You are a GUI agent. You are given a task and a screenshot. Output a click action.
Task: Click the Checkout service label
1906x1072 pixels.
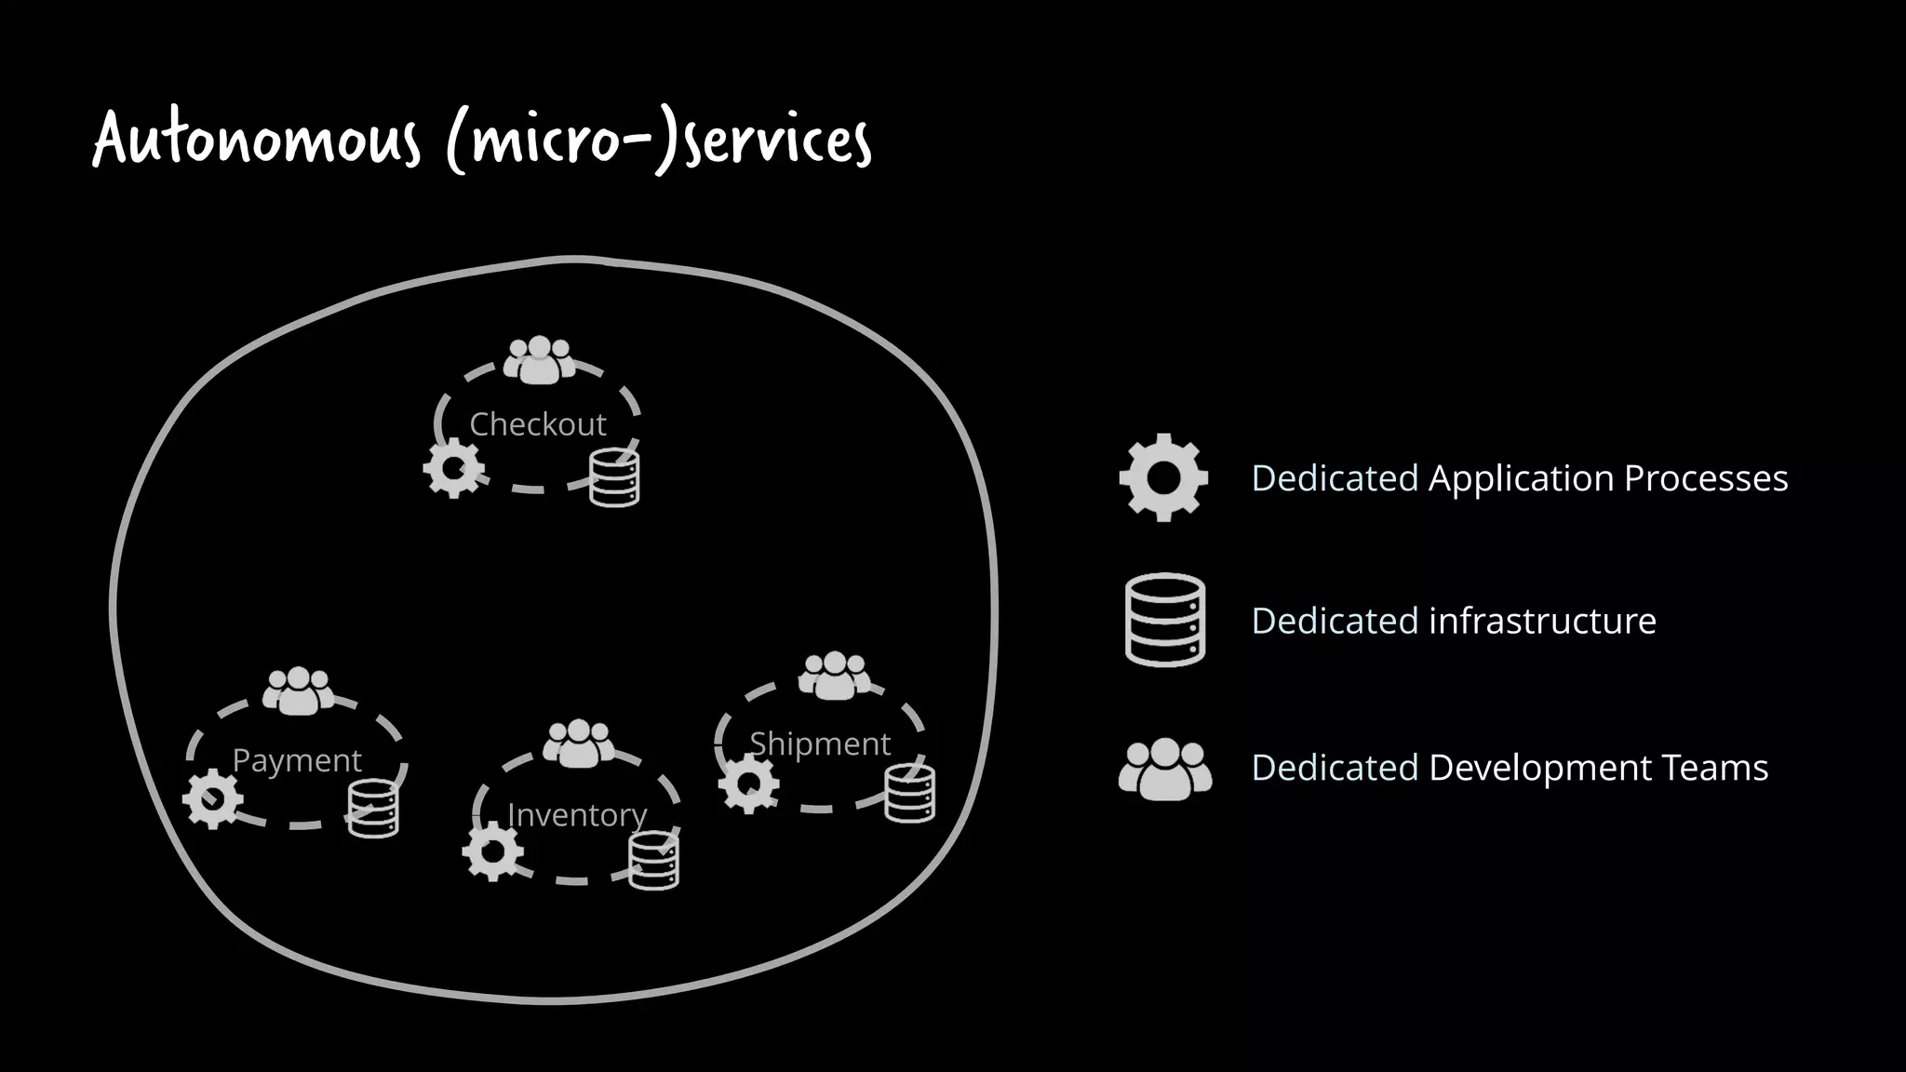(x=537, y=424)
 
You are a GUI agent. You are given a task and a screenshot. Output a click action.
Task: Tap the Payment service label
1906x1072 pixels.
(x=296, y=760)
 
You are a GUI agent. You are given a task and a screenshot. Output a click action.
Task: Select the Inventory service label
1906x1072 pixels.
(x=577, y=815)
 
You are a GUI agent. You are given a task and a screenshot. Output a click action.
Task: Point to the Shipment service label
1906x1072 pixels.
(x=820, y=744)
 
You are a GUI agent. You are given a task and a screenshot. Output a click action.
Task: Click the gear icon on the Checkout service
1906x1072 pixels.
(x=453, y=468)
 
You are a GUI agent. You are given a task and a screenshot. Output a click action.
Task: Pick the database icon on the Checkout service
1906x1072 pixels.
(x=615, y=477)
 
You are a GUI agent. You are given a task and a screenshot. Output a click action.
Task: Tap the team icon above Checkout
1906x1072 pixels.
(x=539, y=360)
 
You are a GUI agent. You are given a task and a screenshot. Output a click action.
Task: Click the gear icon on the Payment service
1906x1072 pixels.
(x=212, y=799)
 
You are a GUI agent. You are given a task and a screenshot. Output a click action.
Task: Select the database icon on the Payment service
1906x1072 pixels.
(x=373, y=809)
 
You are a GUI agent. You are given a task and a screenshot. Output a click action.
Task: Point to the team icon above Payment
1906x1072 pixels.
(x=298, y=691)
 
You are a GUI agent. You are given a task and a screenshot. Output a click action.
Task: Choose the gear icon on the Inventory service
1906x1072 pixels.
(x=492, y=851)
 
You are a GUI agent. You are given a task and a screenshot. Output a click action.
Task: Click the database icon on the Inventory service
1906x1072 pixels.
(x=654, y=861)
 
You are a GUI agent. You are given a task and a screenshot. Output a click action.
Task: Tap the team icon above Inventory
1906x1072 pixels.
(x=578, y=744)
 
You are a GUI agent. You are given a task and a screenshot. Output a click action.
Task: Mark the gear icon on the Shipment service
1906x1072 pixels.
(x=748, y=784)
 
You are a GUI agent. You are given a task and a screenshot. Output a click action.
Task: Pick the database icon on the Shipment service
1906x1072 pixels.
(x=910, y=794)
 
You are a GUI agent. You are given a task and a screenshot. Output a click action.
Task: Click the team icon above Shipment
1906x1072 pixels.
(x=835, y=676)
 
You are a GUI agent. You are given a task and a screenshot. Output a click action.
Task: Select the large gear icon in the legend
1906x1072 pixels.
(x=1163, y=477)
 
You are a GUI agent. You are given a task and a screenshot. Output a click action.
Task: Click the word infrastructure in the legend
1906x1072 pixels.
(x=1542, y=621)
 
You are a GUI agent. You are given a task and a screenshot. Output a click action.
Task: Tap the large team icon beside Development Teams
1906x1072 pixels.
(x=1165, y=769)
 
